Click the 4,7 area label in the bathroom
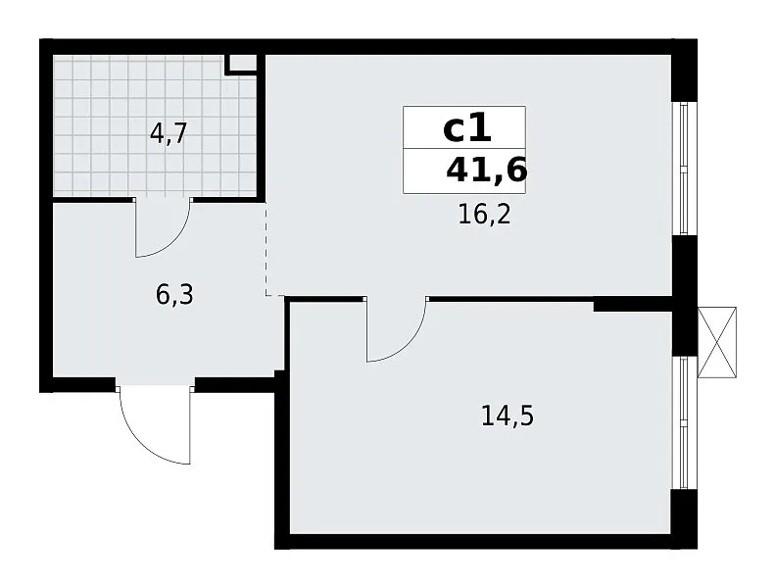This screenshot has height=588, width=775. (169, 133)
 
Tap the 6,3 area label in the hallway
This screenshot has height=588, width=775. (174, 295)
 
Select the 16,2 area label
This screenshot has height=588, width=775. (484, 215)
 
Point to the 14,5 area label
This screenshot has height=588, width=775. (508, 416)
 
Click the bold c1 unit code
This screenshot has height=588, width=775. (467, 128)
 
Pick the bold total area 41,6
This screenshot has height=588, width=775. (486, 171)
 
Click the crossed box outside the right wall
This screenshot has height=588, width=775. (716, 343)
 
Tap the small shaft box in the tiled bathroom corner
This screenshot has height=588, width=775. (241, 65)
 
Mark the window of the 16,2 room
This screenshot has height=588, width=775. (685, 169)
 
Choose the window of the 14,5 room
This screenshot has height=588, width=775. (685, 423)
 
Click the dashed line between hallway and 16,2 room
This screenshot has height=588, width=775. (266, 250)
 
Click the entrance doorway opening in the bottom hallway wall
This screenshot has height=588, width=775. (156, 384)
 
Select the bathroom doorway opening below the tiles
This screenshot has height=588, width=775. (164, 200)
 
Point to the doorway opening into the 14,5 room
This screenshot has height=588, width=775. (397, 299)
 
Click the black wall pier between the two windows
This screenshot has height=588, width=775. (685, 296)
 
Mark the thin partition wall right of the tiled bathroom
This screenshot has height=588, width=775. (262, 126)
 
